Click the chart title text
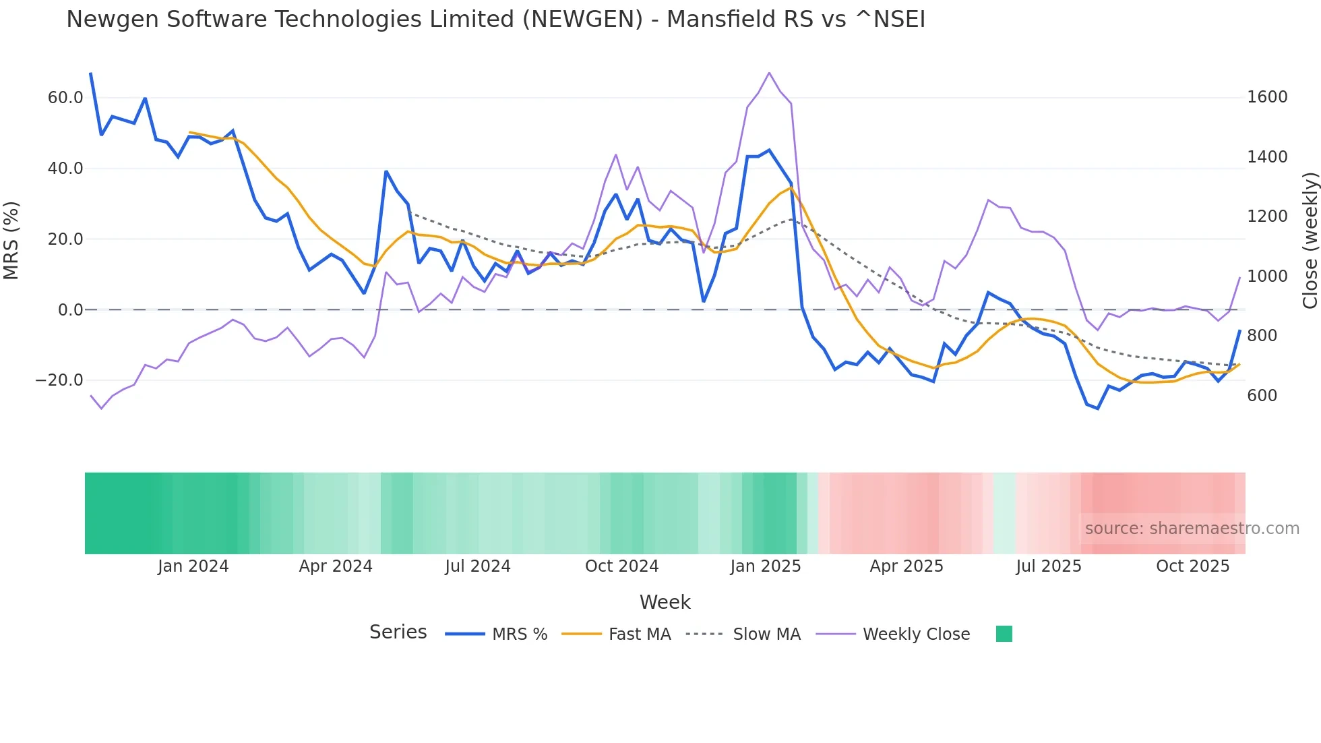tap(495, 20)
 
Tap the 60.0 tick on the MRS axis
tap(65, 98)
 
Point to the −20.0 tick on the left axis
tap(60, 380)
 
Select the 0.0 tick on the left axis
tap(71, 310)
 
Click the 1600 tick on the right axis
tap(1267, 97)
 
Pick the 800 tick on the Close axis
tap(1262, 336)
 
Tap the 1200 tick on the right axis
tap(1267, 216)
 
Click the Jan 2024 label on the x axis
tap(193, 566)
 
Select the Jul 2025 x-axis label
tap(1049, 566)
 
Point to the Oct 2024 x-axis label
tap(621, 566)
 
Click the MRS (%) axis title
tap(11, 241)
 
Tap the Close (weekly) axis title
tap(1310, 241)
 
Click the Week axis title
tap(665, 602)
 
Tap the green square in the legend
tap(1004, 634)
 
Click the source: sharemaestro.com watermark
tap(1192, 529)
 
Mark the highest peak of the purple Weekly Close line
tap(769, 73)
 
